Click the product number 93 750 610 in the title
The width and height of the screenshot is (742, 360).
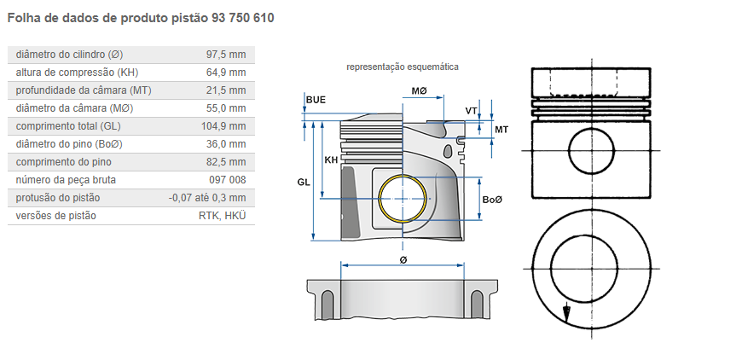238,17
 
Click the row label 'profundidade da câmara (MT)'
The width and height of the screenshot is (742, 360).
84,90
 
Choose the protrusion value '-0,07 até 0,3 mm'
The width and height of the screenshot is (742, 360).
207,198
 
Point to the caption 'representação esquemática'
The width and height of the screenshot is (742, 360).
403,67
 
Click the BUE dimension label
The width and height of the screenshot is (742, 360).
316,100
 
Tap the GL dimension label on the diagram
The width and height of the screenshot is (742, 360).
304,183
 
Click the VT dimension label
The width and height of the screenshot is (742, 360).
471,111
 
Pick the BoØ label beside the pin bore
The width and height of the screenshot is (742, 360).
492,200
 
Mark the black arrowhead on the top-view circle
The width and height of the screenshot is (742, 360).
564,312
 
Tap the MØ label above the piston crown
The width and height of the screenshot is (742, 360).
419,90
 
